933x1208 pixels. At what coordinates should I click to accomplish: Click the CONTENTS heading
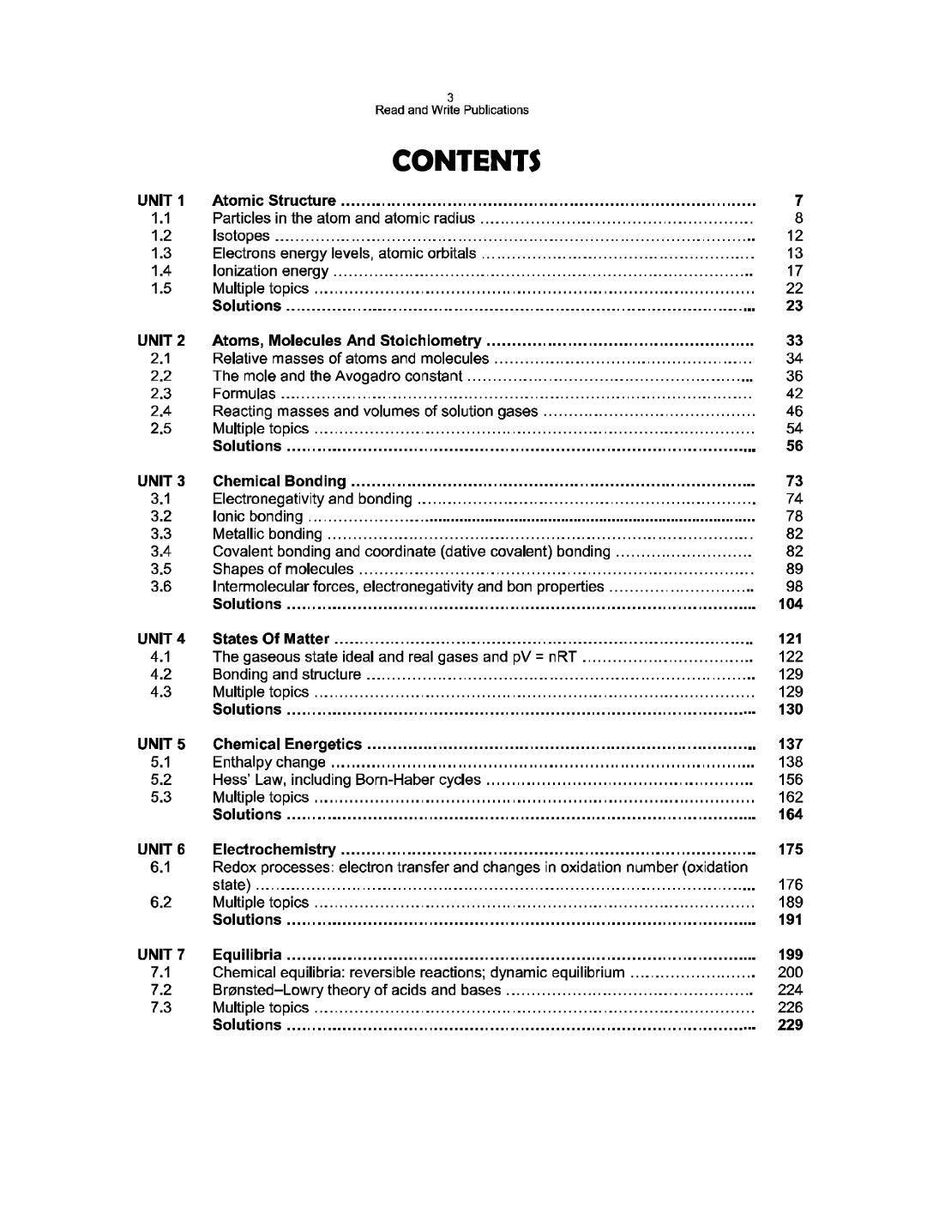point(466,160)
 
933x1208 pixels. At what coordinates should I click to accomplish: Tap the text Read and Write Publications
point(452,110)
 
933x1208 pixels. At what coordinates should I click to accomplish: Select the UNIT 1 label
point(160,201)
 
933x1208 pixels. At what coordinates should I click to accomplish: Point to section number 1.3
point(160,253)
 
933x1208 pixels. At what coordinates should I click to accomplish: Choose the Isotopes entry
point(241,236)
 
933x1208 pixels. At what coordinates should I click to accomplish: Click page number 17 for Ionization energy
point(794,271)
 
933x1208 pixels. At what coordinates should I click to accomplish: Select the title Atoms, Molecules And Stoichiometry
point(346,341)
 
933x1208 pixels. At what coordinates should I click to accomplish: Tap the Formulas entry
point(244,394)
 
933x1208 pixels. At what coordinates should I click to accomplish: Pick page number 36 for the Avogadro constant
point(794,376)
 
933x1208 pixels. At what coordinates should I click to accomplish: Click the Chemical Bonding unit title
point(279,481)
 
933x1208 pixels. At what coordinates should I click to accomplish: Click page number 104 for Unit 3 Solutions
point(790,604)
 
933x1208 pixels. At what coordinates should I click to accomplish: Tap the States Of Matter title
point(270,638)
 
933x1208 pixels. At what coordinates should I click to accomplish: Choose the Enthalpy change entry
point(268,762)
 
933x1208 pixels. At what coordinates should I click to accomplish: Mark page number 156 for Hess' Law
point(790,780)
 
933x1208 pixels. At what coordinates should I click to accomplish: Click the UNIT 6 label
point(160,849)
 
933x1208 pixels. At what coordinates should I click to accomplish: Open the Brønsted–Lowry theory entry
point(356,990)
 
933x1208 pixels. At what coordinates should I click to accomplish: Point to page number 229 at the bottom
point(790,1025)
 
